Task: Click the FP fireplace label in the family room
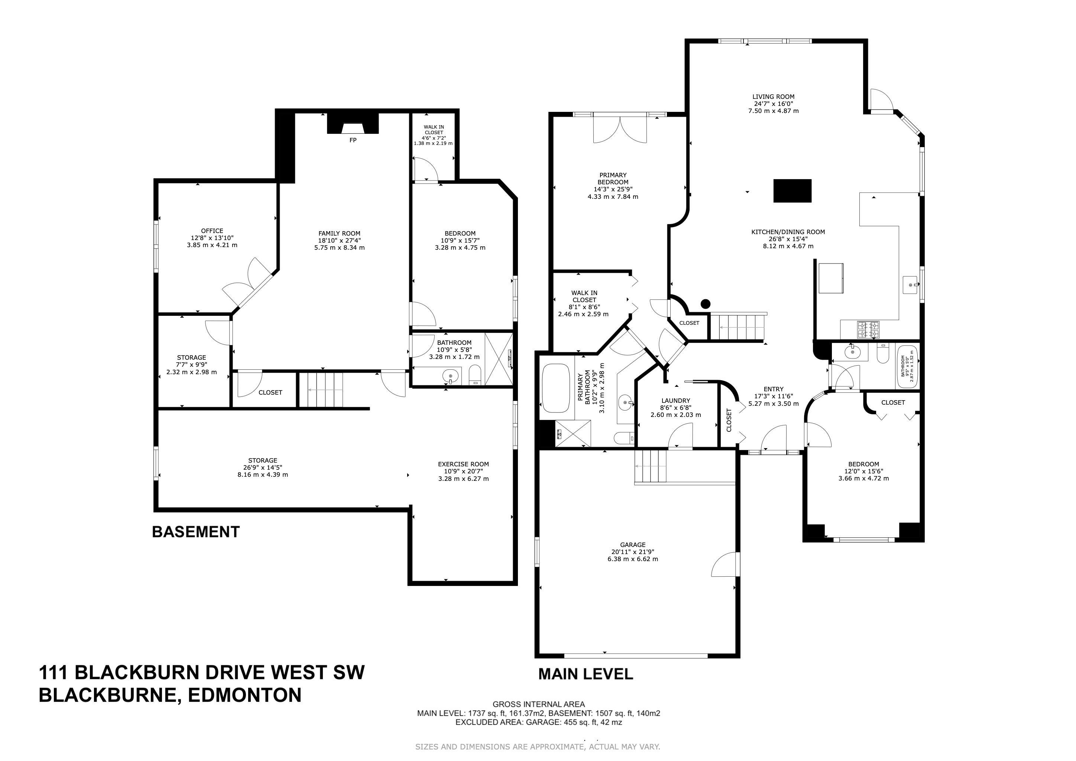[353, 140]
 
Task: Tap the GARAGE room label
[633, 544]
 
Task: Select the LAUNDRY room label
[676, 401]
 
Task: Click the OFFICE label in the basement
[212, 230]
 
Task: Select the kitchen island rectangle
[831, 278]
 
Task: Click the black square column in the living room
[792, 191]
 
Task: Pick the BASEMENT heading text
[196, 532]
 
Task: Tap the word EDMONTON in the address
[244, 695]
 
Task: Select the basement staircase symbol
[321, 390]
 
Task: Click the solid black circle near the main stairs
[706, 304]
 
